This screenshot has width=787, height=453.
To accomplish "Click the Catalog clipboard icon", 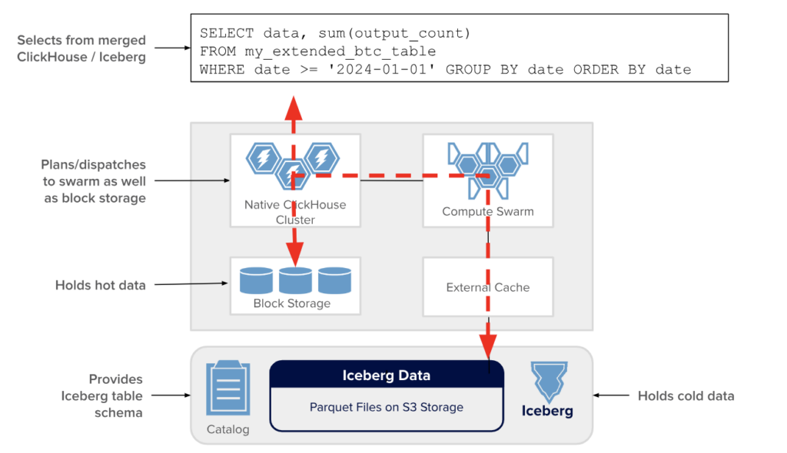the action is pos(227,388).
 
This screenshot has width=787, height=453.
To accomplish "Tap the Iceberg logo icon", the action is pos(549,382).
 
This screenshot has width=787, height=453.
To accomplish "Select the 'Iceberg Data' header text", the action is pos(386,375).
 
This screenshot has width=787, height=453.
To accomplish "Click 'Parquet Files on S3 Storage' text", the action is pos(386,407).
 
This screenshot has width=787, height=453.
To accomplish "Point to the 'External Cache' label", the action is pos(488,287).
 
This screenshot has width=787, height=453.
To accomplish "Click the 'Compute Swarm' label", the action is pos(488,211).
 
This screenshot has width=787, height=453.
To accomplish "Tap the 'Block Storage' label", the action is pos(291,303).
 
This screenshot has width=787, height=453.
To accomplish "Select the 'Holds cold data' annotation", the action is pos(686,396).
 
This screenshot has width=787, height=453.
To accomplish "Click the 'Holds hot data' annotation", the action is pos(101,285).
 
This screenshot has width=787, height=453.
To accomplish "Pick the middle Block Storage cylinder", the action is pos(295,280).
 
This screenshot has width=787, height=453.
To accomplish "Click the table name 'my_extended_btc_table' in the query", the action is pos(340,51).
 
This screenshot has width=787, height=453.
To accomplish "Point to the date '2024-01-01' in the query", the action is pos(381,69).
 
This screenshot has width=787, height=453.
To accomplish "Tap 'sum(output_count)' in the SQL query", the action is pos(394,33).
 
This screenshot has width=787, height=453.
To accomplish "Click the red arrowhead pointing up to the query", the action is pos(293,107).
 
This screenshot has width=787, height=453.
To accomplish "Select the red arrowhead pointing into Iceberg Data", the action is pos(488,346).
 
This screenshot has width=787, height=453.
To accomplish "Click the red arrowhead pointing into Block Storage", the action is pos(294,254).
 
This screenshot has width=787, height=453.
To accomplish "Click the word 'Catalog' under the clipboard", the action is pos(227,429).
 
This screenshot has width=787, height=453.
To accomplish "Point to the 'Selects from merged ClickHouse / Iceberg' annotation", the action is pos(81,48).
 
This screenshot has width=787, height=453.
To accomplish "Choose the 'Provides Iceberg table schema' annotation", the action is pos(102,396).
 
